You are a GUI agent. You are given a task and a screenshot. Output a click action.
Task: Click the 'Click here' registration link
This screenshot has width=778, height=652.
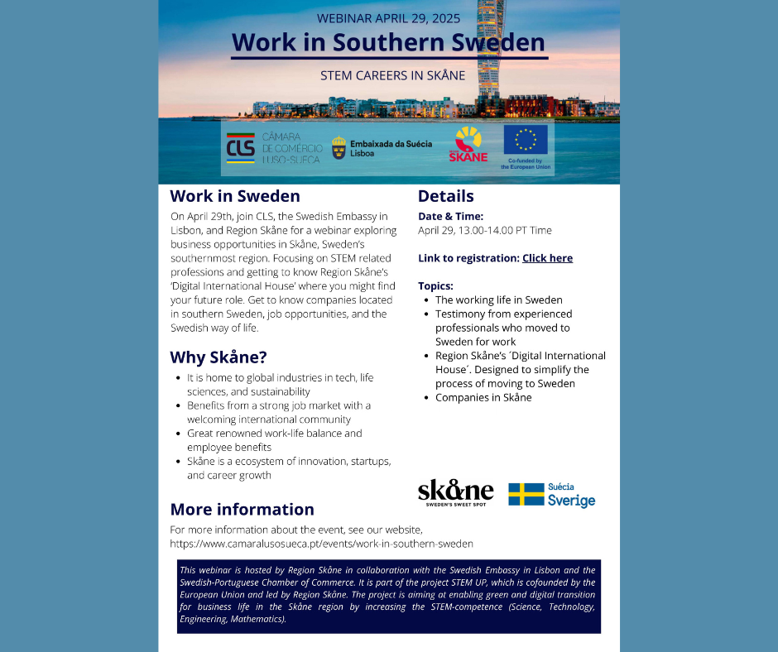click(547, 258)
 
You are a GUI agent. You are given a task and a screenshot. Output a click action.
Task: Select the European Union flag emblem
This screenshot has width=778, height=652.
click(526, 140)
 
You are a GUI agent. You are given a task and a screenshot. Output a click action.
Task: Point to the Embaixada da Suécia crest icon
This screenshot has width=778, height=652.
click(339, 148)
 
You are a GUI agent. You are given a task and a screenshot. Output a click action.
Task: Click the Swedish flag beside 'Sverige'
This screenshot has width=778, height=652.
click(526, 495)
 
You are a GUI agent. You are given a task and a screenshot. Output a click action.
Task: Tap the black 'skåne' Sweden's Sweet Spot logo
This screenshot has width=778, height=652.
click(455, 492)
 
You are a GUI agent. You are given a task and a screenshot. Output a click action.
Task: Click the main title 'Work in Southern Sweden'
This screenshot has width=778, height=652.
click(388, 42)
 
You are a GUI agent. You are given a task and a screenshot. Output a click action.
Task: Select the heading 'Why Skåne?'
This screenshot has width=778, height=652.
click(219, 357)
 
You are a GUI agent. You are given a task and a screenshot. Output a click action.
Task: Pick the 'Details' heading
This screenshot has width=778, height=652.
click(445, 196)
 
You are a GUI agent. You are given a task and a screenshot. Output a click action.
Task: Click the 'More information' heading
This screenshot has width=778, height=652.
click(242, 509)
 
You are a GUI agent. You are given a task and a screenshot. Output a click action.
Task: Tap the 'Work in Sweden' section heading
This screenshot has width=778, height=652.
click(235, 196)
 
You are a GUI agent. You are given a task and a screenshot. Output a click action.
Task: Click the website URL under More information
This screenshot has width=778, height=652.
click(321, 544)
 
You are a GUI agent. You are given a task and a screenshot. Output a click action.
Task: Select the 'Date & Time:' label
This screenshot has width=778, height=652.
click(450, 216)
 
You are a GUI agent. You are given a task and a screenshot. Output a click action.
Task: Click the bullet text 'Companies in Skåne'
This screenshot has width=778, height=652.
click(483, 397)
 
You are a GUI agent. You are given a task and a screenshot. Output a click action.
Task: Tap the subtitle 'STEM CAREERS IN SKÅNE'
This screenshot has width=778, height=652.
click(392, 75)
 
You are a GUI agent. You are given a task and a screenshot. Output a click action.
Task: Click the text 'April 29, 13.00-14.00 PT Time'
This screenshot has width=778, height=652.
click(484, 230)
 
